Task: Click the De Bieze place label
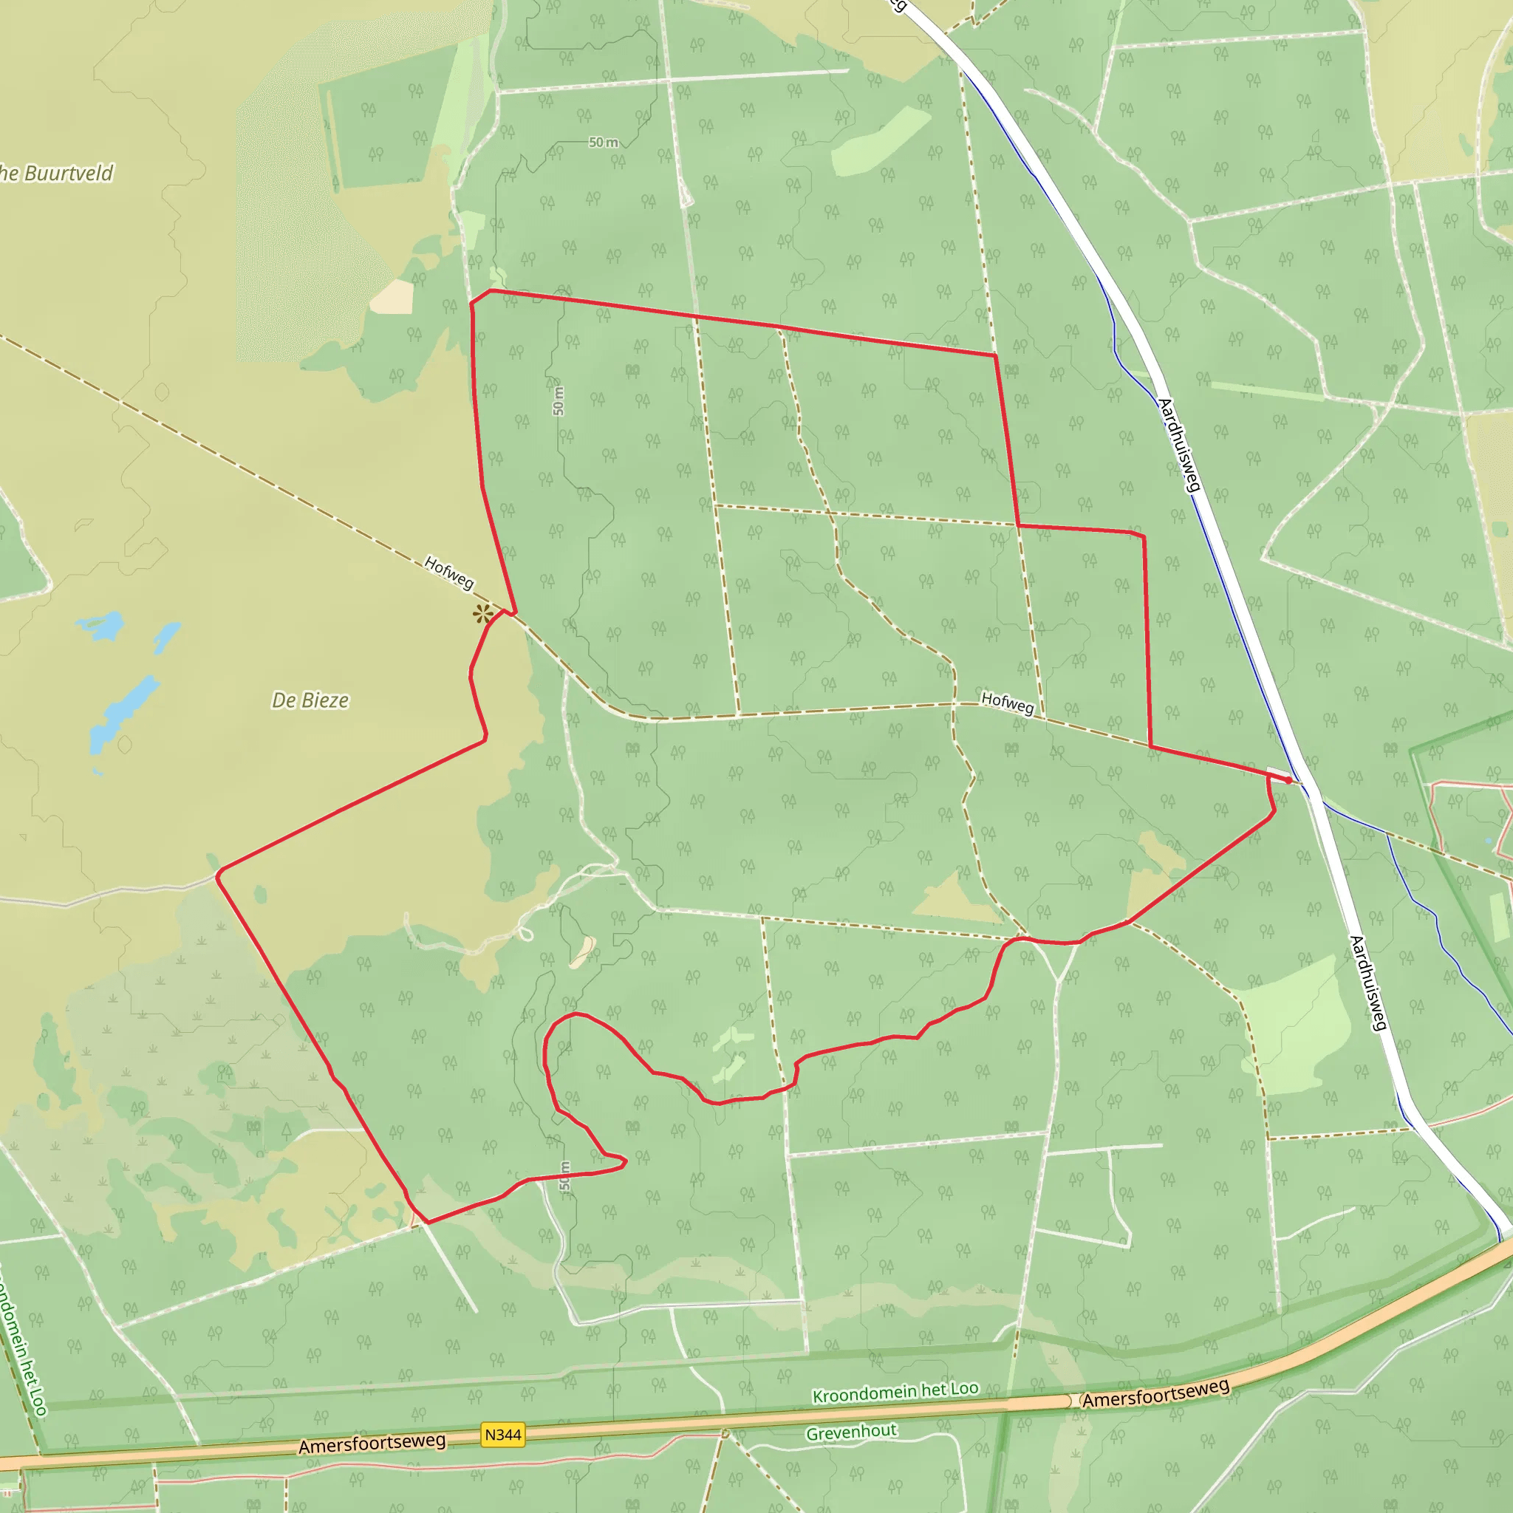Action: (310, 700)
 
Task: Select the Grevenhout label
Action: (851, 1432)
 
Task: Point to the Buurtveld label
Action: (59, 173)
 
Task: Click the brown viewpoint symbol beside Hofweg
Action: (483, 614)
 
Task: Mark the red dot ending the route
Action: (1288, 780)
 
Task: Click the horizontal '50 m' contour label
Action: (603, 143)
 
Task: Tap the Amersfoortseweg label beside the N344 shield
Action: (372, 1444)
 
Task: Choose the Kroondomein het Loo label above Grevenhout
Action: (895, 1393)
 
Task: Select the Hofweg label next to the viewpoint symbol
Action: (448, 573)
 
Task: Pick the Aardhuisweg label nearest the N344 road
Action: (1368, 983)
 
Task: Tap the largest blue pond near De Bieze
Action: (123, 713)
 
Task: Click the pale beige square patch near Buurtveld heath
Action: (392, 298)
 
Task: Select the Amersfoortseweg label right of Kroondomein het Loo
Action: (1155, 1393)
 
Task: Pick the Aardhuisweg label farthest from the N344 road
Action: (1178, 445)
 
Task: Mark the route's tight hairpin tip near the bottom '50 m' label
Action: (624, 1162)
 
